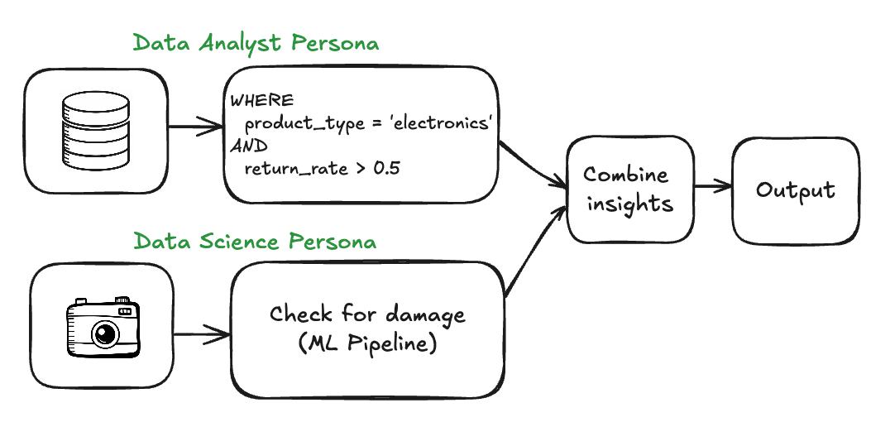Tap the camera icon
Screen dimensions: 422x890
pyautogui.click(x=103, y=328)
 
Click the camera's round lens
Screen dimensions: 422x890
pyautogui.click(x=105, y=333)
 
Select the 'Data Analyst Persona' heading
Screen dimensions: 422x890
pyautogui.click(x=256, y=43)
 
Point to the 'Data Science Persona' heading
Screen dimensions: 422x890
pyautogui.click(x=255, y=242)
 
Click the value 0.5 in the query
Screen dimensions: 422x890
pyautogui.click(x=386, y=170)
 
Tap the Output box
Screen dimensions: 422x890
pyautogui.click(x=795, y=190)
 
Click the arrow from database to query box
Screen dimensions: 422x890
pyautogui.click(x=195, y=128)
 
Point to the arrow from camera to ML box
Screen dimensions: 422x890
pyautogui.click(x=202, y=335)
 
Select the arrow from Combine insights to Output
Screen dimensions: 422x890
pyautogui.click(x=712, y=186)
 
